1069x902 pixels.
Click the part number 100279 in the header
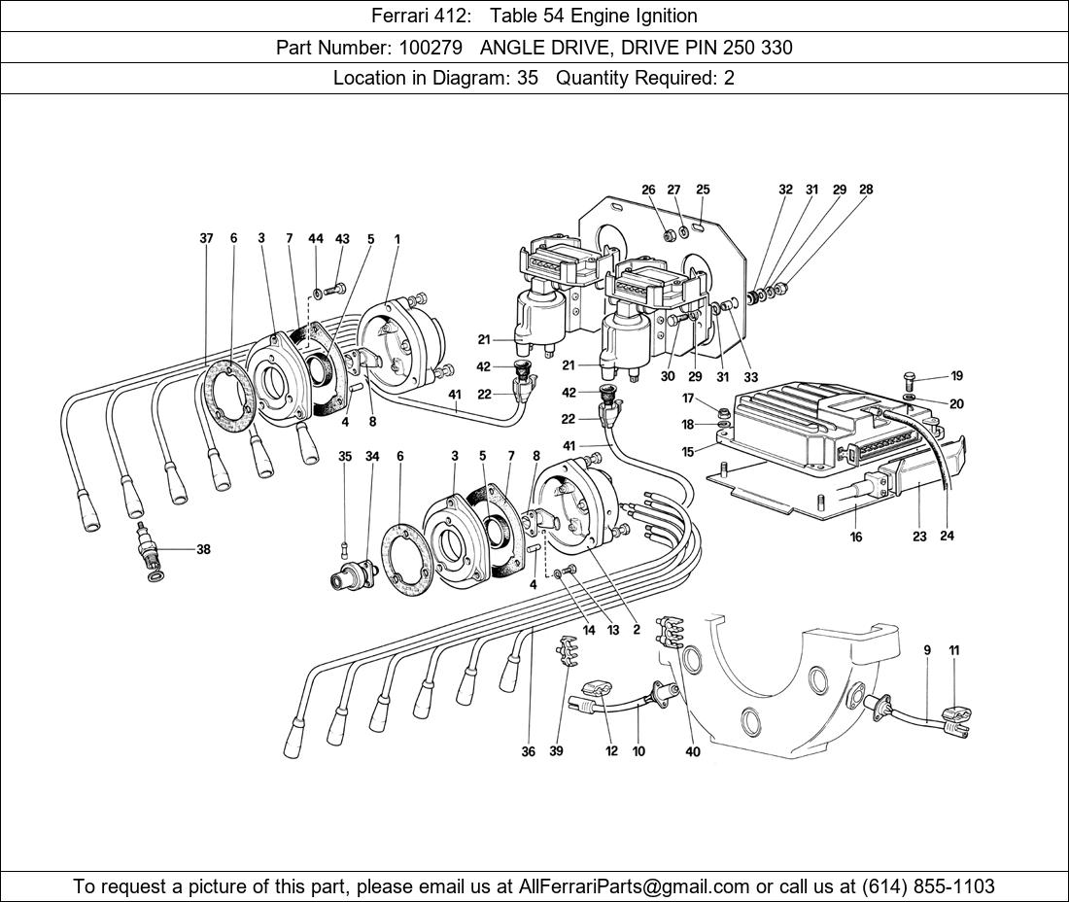(429, 47)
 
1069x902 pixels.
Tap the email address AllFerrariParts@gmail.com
(635, 885)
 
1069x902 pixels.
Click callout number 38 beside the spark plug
(203, 549)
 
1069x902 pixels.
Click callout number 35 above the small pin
(345, 456)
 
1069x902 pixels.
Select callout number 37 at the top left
(206, 238)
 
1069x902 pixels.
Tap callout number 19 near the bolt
(956, 376)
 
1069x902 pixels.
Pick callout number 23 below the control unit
(919, 536)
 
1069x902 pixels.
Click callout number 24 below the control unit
(947, 536)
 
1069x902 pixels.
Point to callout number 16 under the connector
(856, 536)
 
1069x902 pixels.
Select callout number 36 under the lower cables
(529, 750)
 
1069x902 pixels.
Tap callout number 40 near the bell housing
(693, 750)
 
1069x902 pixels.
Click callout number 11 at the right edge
(954, 650)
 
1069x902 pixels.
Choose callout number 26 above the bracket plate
(648, 191)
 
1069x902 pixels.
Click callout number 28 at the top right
(866, 191)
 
